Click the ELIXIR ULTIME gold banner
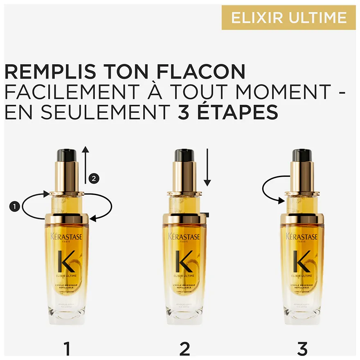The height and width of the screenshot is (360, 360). click(x=289, y=18)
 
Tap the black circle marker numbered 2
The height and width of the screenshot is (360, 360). click(x=94, y=178)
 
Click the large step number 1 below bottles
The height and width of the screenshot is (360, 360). click(x=67, y=349)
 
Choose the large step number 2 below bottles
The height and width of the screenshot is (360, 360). click(x=185, y=349)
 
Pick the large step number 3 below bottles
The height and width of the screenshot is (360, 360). click(x=302, y=349)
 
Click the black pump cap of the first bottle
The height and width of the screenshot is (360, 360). click(x=67, y=155)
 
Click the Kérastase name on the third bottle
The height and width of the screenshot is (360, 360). click(x=302, y=236)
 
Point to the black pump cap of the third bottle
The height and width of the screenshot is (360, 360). click(x=302, y=155)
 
